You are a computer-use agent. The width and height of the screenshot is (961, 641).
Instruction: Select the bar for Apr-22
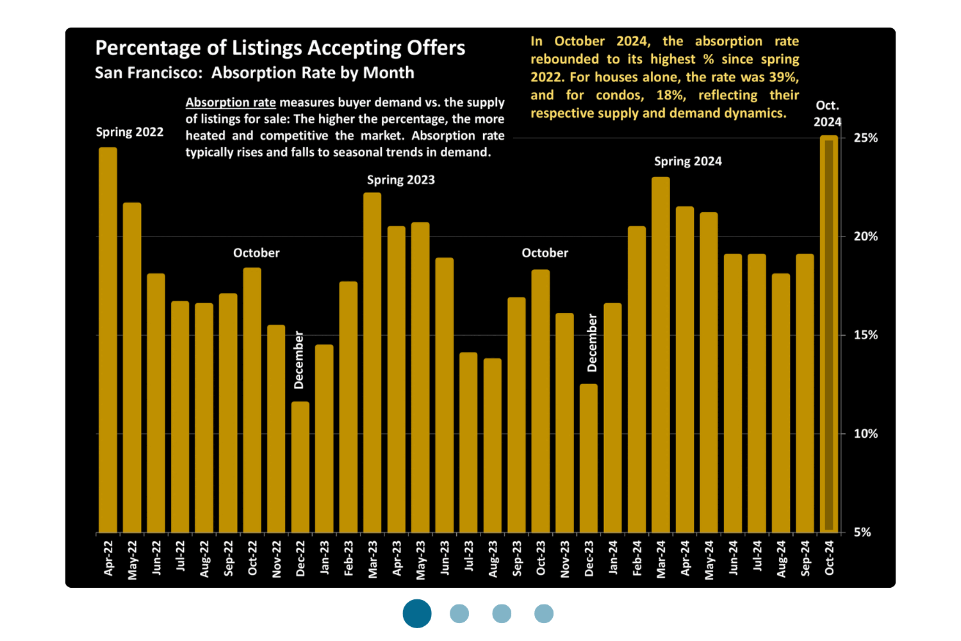click(x=108, y=340)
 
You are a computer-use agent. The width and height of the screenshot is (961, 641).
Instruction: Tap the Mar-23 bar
click(x=372, y=362)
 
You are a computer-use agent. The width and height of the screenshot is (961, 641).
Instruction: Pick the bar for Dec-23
click(x=589, y=458)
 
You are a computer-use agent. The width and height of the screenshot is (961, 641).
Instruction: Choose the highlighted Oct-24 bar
click(x=829, y=333)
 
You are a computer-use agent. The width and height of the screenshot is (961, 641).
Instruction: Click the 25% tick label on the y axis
click(x=866, y=138)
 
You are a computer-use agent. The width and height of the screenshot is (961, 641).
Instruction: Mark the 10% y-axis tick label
click(x=866, y=434)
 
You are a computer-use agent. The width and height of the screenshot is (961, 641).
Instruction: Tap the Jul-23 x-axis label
click(x=469, y=556)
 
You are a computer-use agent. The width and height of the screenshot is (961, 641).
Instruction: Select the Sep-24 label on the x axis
click(x=805, y=558)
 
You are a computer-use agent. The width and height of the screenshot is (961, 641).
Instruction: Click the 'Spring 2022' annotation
click(x=129, y=132)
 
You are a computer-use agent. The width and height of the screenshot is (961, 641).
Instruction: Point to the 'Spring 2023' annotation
click(x=401, y=180)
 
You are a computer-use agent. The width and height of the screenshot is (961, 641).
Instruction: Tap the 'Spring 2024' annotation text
click(x=688, y=162)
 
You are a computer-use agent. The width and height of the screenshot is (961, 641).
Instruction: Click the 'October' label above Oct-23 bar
click(x=545, y=253)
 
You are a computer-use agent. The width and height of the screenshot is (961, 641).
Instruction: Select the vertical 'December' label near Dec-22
click(x=299, y=360)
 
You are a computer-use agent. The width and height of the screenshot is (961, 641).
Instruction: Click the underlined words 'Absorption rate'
click(x=231, y=103)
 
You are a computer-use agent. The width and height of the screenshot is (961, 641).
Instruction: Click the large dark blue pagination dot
click(x=417, y=613)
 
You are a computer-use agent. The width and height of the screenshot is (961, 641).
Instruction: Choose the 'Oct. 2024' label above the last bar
click(x=828, y=114)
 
